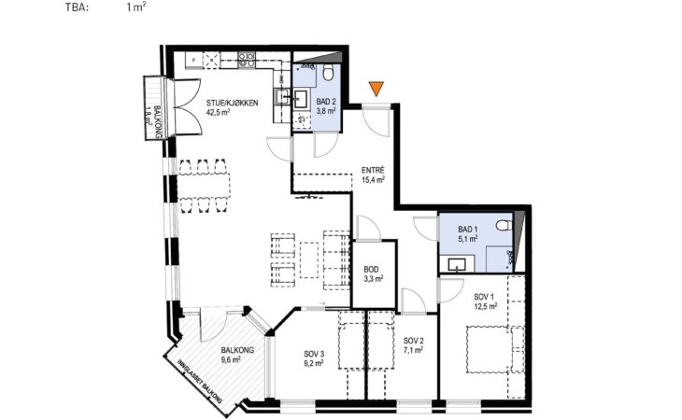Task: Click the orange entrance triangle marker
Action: pyautogui.click(x=376, y=88)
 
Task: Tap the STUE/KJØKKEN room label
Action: pyautogui.click(x=233, y=104)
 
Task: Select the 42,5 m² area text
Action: pyautogui.click(x=218, y=112)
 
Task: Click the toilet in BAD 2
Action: pyautogui.click(x=329, y=73)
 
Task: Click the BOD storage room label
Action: pyautogui.click(x=371, y=270)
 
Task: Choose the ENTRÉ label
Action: pyautogui.click(x=373, y=170)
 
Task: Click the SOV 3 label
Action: pyautogui.click(x=314, y=355)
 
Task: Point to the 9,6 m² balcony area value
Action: pyautogui.click(x=231, y=359)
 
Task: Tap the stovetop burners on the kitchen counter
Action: pyautogui.click(x=247, y=60)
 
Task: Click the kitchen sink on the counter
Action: pyautogui.click(x=282, y=95)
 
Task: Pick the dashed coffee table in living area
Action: pyautogui.click(x=309, y=259)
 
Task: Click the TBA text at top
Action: pyautogui.click(x=77, y=7)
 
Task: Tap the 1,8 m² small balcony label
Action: pyautogui.click(x=149, y=117)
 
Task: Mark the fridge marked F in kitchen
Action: pyautogui.click(x=194, y=60)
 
